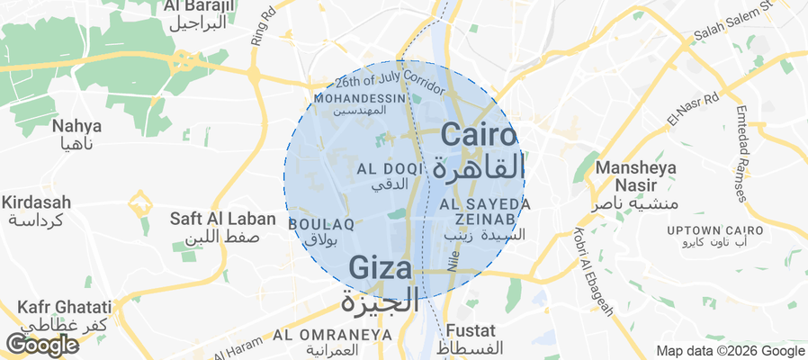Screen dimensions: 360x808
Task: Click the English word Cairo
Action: [x=480, y=136]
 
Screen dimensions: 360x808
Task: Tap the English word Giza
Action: [x=381, y=268]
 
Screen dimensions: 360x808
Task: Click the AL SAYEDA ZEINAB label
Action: [x=485, y=211]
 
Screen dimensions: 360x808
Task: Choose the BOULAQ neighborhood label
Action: [x=313, y=223]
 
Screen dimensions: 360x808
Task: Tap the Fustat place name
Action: [x=471, y=329]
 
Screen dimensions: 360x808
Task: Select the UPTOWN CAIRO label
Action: [x=715, y=231]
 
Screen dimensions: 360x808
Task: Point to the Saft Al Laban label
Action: [x=215, y=218]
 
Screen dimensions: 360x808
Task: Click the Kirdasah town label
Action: [x=37, y=202]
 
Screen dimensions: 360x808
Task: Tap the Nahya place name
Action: [x=76, y=125]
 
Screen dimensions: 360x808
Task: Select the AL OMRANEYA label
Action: [x=333, y=335]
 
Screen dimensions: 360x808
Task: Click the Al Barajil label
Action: [x=199, y=7]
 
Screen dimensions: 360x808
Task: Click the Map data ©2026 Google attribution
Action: [x=730, y=351]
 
